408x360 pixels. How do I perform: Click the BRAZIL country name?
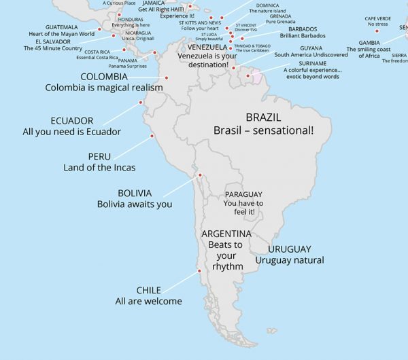pyautogui.click(x=263, y=117)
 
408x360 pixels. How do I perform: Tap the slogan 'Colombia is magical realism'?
pyautogui.click(x=104, y=88)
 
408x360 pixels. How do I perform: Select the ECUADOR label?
pyautogui.click(x=71, y=121)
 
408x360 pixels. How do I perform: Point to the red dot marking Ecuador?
pyautogui.click(x=141, y=103)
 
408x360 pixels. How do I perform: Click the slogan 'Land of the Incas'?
pyautogui.click(x=99, y=168)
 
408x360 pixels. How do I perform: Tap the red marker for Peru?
pyautogui.click(x=152, y=136)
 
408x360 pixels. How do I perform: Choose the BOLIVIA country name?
pyautogui.click(x=134, y=193)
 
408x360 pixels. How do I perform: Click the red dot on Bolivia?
pyautogui.click(x=200, y=175)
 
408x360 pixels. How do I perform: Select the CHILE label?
pyautogui.click(x=148, y=290)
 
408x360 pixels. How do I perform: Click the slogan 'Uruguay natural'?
pyautogui.click(x=290, y=260)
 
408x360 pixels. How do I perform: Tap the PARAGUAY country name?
pyautogui.click(x=243, y=194)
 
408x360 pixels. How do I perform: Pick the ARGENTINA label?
pyautogui.click(x=226, y=234)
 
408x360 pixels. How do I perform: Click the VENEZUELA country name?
pyautogui.click(x=207, y=48)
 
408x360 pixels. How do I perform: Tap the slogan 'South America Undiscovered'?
pyautogui.click(x=311, y=55)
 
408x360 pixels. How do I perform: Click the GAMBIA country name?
pyautogui.click(x=369, y=42)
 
